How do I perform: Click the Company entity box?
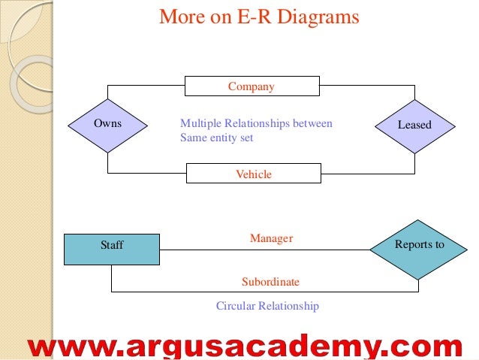[x=252, y=86]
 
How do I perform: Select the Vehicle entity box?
[x=253, y=174]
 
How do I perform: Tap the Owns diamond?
[x=108, y=123]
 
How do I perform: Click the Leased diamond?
[x=414, y=125]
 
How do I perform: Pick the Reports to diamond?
[x=419, y=245]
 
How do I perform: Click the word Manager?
[x=271, y=238]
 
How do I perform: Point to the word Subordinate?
[x=270, y=282]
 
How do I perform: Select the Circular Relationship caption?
[x=267, y=306]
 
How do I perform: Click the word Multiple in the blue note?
[x=200, y=123]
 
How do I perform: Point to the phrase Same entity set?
[x=217, y=138]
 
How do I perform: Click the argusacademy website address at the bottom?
[x=245, y=345]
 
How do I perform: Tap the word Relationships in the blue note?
[x=258, y=123]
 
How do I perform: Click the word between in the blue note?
[x=315, y=123]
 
